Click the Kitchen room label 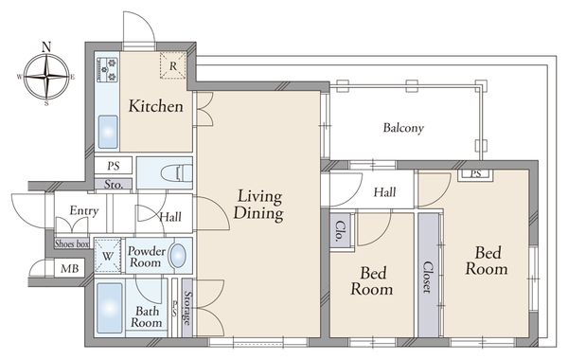156,106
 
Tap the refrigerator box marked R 173,65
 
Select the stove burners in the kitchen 108,69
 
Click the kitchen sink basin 108,132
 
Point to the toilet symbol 177,173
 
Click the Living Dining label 258,205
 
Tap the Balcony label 403,128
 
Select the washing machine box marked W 108,256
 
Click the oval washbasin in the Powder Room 178,256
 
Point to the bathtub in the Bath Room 110,308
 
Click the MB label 69,269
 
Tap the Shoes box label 72,243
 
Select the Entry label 84,210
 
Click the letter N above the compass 46,46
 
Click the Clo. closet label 341,231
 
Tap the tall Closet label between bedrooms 428,278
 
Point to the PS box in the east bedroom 475,173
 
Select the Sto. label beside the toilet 114,184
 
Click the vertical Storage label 186,308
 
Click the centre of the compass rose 46,77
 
